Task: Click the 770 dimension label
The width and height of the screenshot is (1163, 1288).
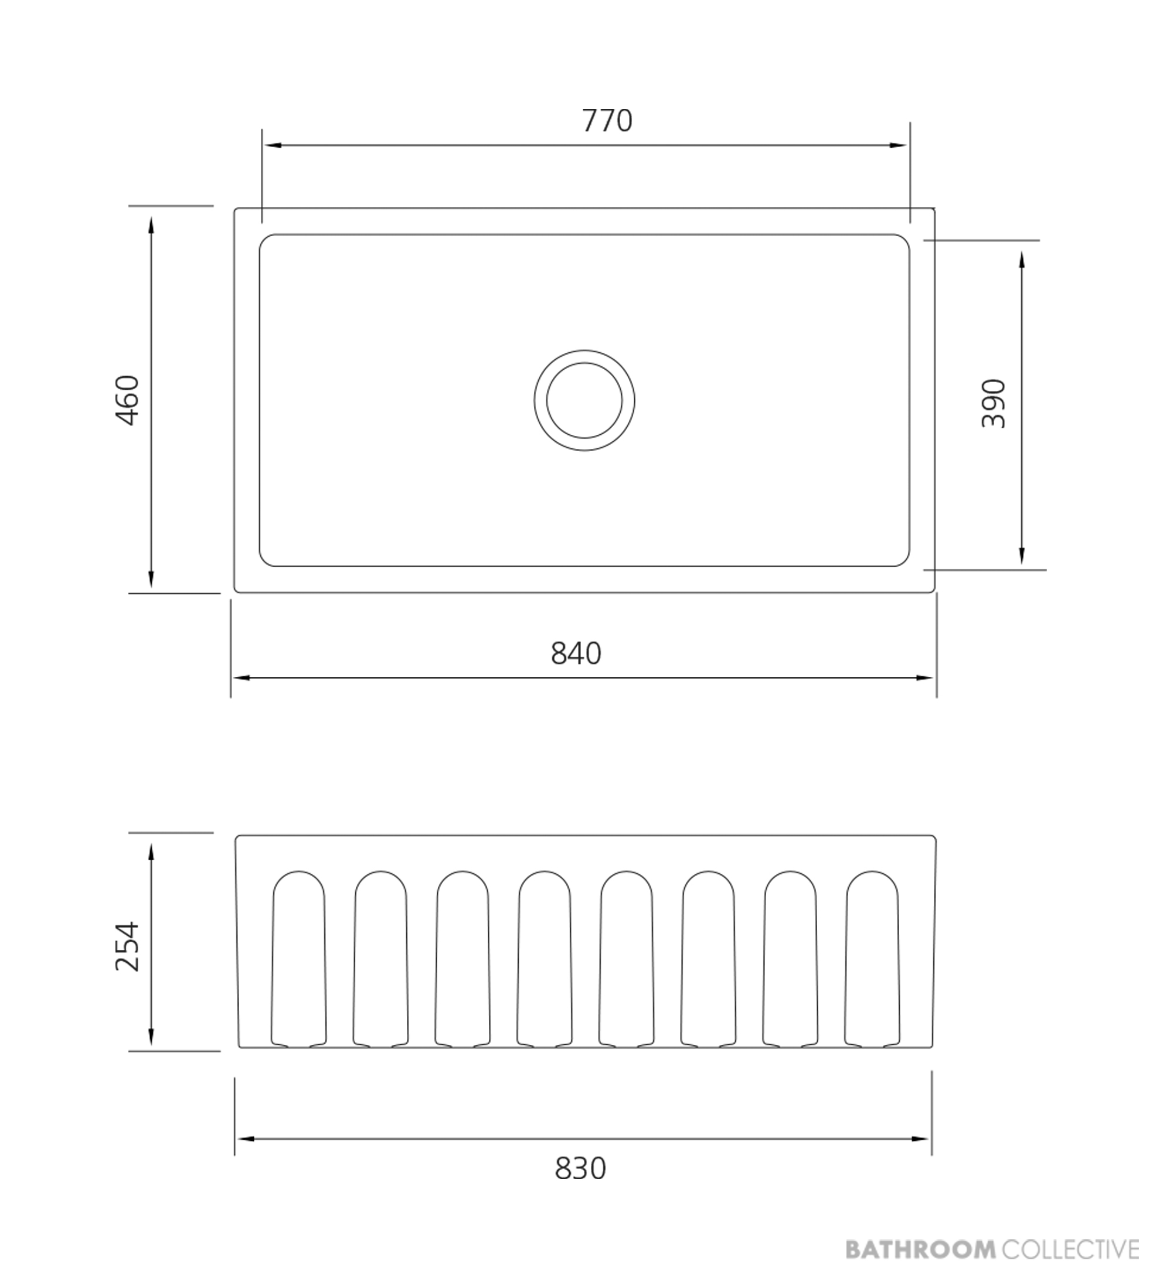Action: [607, 121]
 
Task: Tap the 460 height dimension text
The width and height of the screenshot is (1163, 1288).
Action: [127, 401]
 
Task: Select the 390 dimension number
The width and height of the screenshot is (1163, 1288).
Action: [994, 404]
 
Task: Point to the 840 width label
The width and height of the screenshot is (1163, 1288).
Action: [576, 653]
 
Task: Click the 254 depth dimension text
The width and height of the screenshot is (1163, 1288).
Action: [127, 946]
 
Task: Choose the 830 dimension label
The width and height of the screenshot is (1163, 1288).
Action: [580, 1168]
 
